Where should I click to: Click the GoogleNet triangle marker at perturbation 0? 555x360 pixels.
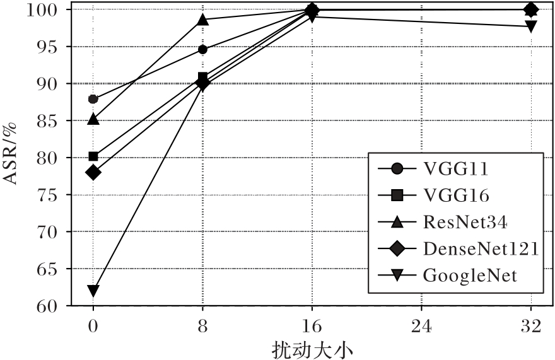[x=93, y=291]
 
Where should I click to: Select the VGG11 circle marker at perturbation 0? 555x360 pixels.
[x=93, y=99]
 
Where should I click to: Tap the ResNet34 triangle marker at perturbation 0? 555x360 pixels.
[x=93, y=119]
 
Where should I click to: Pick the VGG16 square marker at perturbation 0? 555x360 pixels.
[x=93, y=156]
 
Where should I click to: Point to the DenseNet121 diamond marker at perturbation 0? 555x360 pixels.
[x=93, y=172]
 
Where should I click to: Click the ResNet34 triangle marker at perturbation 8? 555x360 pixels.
[x=202, y=20]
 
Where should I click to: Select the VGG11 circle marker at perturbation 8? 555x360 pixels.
[x=202, y=49]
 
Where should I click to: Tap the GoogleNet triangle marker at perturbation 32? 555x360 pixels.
[x=531, y=26]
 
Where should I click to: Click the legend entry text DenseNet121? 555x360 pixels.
[x=481, y=248]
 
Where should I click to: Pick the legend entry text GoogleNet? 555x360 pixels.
[x=470, y=275]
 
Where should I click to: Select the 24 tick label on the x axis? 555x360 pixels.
[x=421, y=326]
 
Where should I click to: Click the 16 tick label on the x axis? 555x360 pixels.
[x=312, y=326]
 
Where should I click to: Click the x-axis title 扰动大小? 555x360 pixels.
[x=312, y=349]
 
